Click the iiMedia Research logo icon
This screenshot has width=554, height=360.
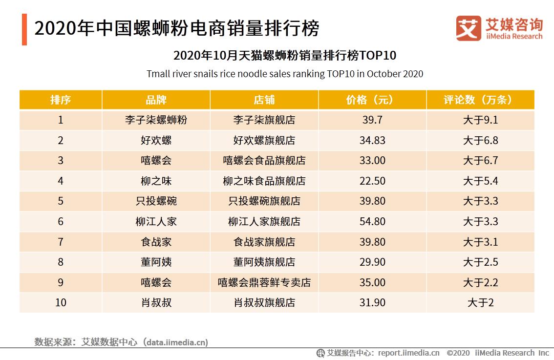(x=469, y=28)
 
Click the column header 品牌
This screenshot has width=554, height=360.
(x=156, y=100)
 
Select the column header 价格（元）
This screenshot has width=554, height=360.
(x=372, y=100)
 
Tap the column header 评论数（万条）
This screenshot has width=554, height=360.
(x=480, y=100)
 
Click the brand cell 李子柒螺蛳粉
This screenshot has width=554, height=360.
(x=156, y=120)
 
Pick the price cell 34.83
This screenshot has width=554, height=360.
(x=372, y=140)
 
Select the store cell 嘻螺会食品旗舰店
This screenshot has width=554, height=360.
(x=264, y=161)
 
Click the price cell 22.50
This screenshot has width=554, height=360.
(x=372, y=181)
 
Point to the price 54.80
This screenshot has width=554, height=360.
(x=372, y=222)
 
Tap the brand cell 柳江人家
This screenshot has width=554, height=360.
(x=156, y=222)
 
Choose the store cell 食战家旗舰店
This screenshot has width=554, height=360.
(x=264, y=242)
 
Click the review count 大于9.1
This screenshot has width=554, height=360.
(x=480, y=120)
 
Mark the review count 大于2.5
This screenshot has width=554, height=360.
(x=480, y=262)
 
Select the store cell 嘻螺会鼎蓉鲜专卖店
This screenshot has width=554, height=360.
(x=264, y=283)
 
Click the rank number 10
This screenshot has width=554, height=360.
(x=61, y=303)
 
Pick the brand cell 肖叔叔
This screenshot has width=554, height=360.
(x=156, y=303)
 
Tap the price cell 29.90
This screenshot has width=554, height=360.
(x=372, y=262)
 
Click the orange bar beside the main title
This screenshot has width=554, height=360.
(x=24, y=29)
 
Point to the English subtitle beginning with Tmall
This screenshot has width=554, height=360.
(x=284, y=74)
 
